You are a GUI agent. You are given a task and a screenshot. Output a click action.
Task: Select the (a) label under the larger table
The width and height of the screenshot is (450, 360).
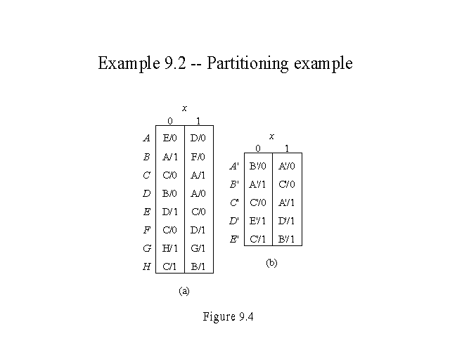pyautogui.click(x=184, y=290)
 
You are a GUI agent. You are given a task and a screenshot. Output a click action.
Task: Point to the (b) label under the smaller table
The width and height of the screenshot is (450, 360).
pyautogui.click(x=271, y=263)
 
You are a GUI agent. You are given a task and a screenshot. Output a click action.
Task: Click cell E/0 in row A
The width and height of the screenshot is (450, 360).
pyautogui.click(x=169, y=139)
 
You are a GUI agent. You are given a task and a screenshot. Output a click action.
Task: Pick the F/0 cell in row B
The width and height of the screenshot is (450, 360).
pyautogui.click(x=198, y=157)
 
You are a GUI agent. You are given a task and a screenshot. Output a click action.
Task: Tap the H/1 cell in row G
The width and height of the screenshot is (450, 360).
pyautogui.click(x=169, y=248)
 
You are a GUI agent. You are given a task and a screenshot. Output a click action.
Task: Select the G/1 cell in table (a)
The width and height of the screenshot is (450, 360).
pyautogui.click(x=198, y=248)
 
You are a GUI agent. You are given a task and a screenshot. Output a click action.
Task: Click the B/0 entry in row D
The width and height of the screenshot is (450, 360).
pyautogui.click(x=169, y=193)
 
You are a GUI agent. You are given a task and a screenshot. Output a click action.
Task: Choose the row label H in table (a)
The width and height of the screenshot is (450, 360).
pyautogui.click(x=146, y=266)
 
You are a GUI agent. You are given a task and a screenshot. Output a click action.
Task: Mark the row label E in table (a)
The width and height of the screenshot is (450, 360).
pyautogui.click(x=146, y=212)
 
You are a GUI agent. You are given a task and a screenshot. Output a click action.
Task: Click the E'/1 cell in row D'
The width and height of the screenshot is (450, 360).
pyautogui.click(x=258, y=221)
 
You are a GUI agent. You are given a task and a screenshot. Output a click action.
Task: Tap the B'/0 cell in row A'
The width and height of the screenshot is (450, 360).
pyautogui.click(x=258, y=167)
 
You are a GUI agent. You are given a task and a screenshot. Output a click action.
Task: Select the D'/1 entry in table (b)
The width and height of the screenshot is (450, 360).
pyautogui.click(x=286, y=221)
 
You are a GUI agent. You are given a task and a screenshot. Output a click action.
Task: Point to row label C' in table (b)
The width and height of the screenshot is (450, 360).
pyautogui.click(x=234, y=203)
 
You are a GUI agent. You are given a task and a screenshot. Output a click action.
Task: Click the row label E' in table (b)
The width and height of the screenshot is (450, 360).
pyautogui.click(x=234, y=240)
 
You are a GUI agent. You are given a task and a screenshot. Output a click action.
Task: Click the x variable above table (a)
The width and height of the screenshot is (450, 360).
pyautogui.click(x=184, y=108)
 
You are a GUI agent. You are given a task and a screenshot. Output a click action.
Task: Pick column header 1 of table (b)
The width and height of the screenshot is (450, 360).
pyautogui.click(x=287, y=148)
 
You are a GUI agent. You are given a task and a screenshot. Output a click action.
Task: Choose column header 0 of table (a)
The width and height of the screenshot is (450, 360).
pyautogui.click(x=169, y=121)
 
